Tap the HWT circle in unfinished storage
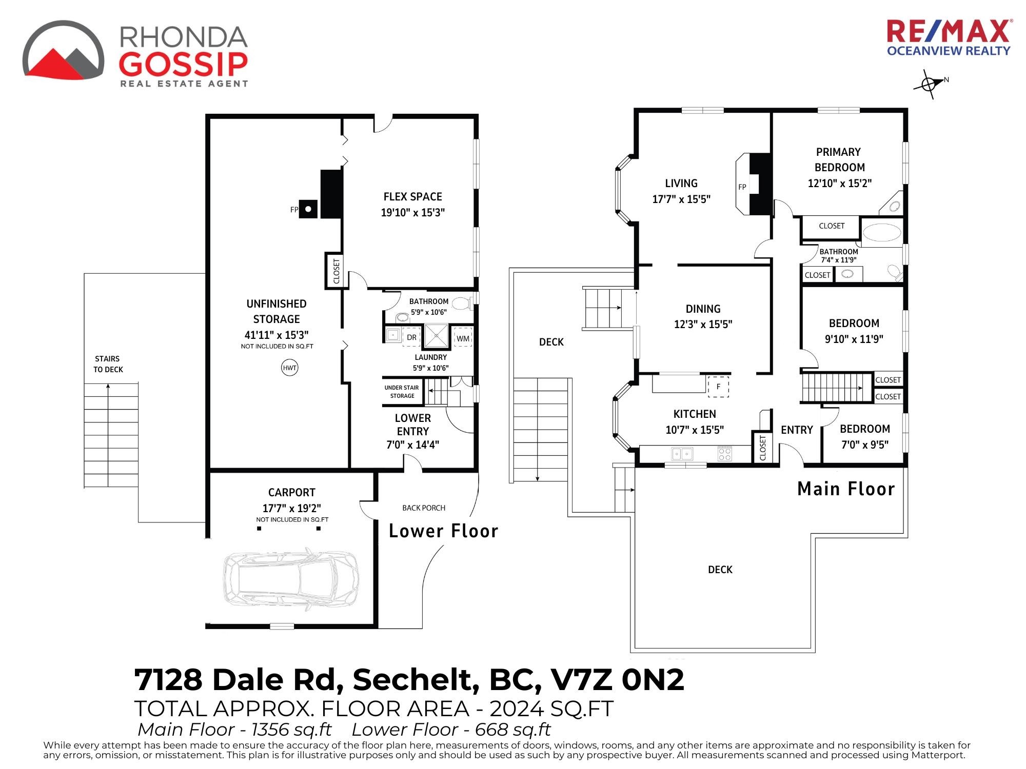coord(290,368)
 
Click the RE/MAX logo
coord(949,37)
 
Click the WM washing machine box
coord(463,338)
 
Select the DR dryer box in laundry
coord(411,337)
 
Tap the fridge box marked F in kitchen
coord(718,387)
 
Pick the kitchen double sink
coord(682,454)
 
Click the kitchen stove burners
coord(724,454)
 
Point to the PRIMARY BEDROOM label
coord(839,159)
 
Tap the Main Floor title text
coord(846,489)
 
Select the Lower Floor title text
coord(443,531)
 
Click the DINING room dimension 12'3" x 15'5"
coord(703,324)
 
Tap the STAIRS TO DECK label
coord(108,364)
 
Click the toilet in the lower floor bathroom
coord(461,303)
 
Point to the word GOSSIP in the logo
coord(184,63)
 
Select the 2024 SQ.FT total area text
coord(551,709)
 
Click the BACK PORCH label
coord(424,508)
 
